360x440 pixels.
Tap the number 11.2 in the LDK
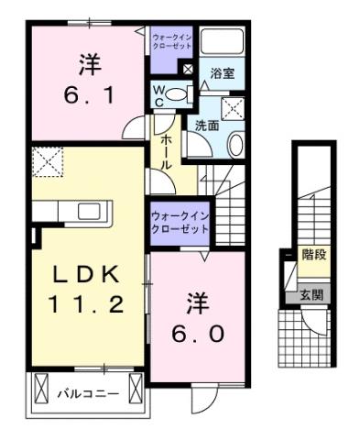[x=84, y=305]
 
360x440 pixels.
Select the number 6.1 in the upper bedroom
[x=88, y=95]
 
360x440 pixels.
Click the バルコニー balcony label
[x=89, y=394]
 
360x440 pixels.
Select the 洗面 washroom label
[x=205, y=126]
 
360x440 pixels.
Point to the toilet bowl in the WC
[x=178, y=93]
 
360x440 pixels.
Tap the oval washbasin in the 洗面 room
[x=235, y=143]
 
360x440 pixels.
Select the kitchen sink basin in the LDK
[x=90, y=212]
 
